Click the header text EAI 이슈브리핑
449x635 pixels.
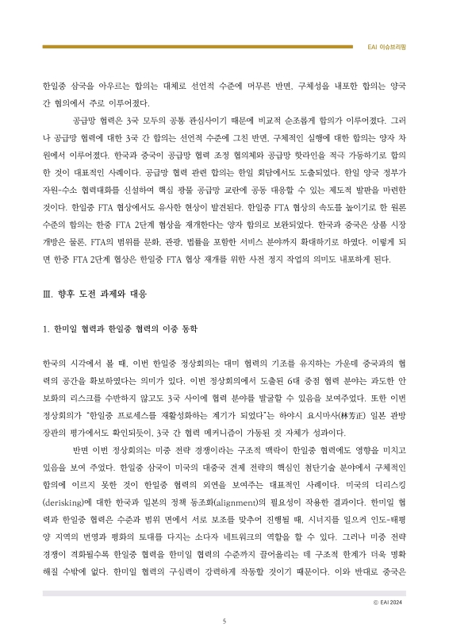[389, 48]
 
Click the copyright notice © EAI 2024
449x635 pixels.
[389, 602]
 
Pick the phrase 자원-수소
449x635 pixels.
[60, 190]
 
